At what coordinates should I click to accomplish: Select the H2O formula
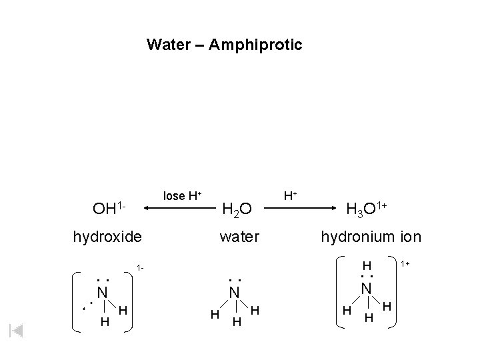[x=237, y=209]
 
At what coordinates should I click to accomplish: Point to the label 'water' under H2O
[x=239, y=237]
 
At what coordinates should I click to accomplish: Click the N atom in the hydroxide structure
[x=101, y=292]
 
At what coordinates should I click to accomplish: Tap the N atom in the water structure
[x=234, y=292]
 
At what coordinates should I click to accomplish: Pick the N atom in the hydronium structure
[x=366, y=288]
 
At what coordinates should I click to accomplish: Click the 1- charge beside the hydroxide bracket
[x=140, y=268]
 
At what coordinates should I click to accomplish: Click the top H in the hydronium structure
[x=366, y=265]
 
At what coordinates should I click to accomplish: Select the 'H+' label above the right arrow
[x=291, y=195]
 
